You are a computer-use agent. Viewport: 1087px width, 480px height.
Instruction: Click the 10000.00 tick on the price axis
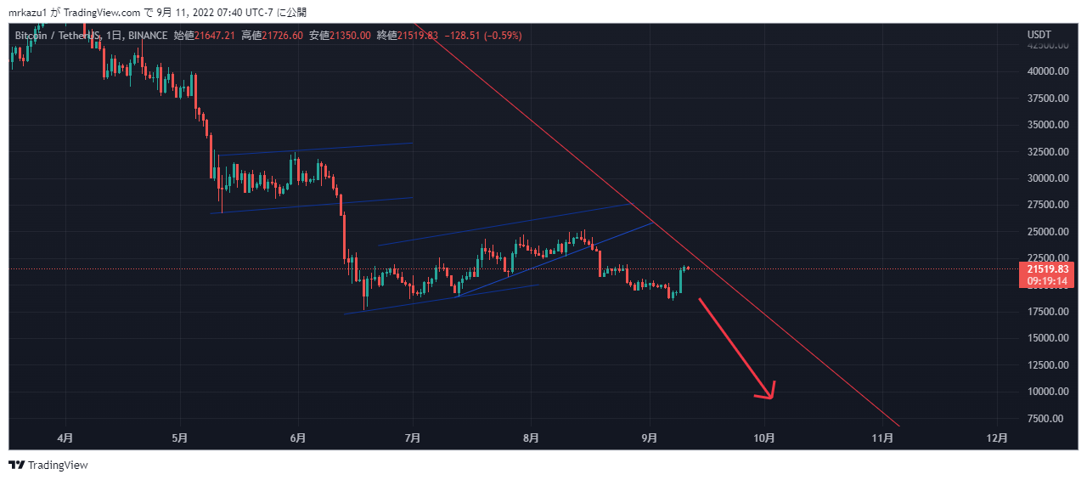pyautogui.click(x=1045, y=392)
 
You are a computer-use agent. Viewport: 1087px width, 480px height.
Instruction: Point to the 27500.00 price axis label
pyautogui.click(x=1045, y=205)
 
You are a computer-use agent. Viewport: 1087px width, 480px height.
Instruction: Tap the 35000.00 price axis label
pyautogui.click(x=1045, y=125)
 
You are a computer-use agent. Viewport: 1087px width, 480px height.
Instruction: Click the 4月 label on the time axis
pyautogui.click(x=65, y=438)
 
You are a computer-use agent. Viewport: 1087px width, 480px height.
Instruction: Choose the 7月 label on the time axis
pyautogui.click(x=414, y=438)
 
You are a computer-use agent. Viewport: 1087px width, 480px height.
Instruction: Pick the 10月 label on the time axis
pyautogui.click(x=764, y=438)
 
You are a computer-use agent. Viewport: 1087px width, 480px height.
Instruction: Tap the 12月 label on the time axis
pyautogui.click(x=999, y=438)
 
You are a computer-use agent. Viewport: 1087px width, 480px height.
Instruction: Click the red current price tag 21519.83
pyautogui.click(x=1047, y=268)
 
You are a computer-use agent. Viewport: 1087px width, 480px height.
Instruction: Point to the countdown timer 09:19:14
pyautogui.click(x=1047, y=280)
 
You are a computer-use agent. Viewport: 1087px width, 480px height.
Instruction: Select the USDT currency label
pyautogui.click(x=1039, y=35)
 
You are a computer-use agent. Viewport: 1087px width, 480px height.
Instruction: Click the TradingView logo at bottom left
pyautogui.click(x=48, y=465)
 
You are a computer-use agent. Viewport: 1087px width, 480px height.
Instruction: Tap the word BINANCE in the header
pyautogui.click(x=148, y=35)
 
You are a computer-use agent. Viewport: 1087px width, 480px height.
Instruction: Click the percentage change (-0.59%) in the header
pyautogui.click(x=501, y=35)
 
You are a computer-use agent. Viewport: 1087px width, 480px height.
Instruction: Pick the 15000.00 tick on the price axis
pyautogui.click(x=1045, y=338)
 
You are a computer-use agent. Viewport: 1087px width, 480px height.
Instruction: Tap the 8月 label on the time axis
pyautogui.click(x=531, y=438)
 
